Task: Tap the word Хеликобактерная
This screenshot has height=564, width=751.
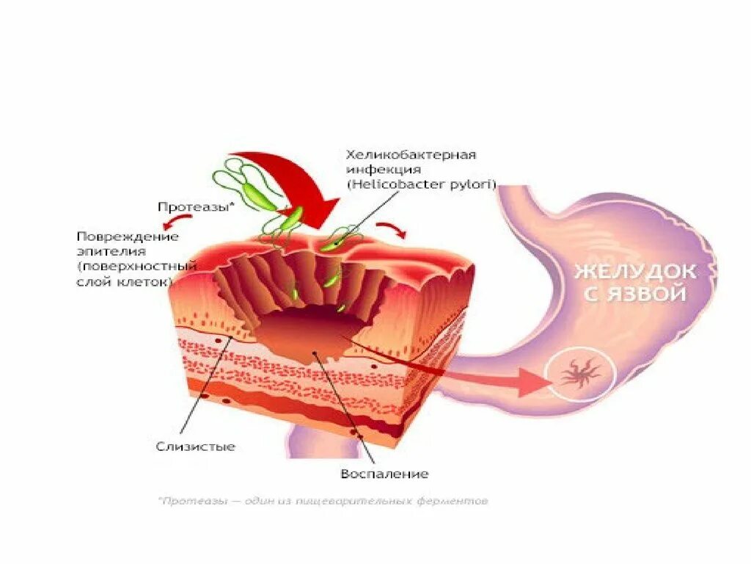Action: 411,155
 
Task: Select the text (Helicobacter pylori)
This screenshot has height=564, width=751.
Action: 422,184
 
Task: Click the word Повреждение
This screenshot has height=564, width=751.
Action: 128,236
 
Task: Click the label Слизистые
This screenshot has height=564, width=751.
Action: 196,446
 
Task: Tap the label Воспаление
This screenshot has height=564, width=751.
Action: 384,474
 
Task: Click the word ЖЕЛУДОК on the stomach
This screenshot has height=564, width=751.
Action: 635,272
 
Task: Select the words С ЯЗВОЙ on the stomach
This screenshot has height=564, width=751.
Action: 634,294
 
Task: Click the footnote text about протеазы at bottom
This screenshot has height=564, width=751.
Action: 323,502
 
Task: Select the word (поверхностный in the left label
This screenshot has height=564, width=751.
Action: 137,266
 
